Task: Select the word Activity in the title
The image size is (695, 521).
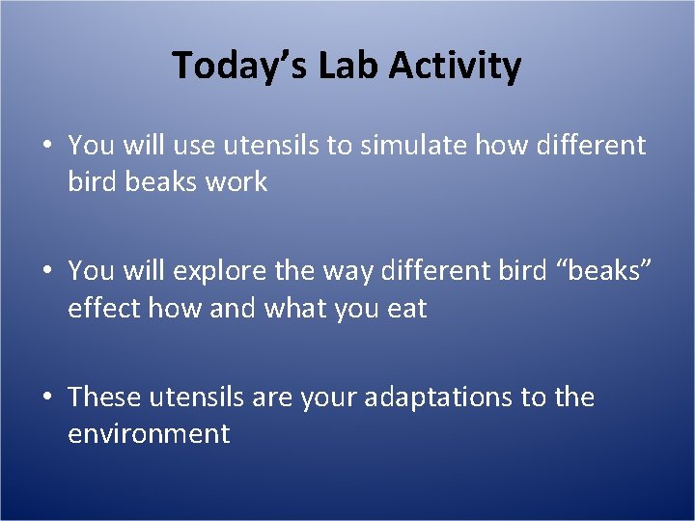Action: pos(457,66)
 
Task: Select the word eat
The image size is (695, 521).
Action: pos(404,309)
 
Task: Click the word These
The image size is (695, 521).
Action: pos(105,398)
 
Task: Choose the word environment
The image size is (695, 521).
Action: pos(149,433)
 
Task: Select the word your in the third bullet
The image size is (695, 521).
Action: pos(326,398)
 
